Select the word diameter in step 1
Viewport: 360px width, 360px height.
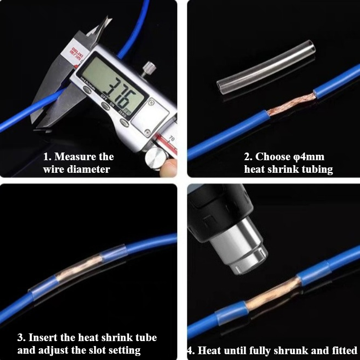90,170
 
